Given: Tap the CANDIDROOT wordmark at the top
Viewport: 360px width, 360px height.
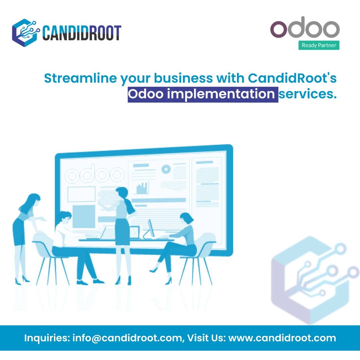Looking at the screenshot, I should [x=82, y=33].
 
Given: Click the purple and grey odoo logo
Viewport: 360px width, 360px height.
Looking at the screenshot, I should [x=305, y=28].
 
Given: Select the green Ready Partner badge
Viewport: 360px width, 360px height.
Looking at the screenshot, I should [x=319, y=45].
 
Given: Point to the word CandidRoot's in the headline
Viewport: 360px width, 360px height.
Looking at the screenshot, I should [x=292, y=79].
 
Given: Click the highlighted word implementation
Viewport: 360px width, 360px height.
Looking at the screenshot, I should [x=221, y=94].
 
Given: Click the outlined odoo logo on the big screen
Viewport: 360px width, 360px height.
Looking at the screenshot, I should [x=95, y=175].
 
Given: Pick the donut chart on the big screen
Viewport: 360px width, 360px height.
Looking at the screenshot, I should [x=166, y=169].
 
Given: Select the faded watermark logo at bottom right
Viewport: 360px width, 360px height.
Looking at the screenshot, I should [x=312, y=280].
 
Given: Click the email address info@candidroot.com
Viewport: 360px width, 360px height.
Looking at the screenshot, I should [x=126, y=338].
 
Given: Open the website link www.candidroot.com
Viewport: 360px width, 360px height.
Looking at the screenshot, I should [x=282, y=338].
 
